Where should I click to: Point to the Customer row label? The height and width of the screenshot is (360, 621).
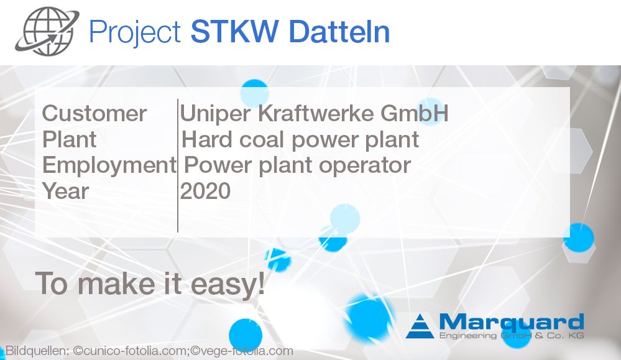pyautogui.click(x=94, y=114)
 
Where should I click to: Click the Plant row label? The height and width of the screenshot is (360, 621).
pyautogui.click(x=69, y=139)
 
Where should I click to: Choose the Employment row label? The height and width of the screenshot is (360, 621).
pyautogui.click(x=109, y=165)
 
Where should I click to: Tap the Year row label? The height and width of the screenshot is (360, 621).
pyautogui.click(x=65, y=191)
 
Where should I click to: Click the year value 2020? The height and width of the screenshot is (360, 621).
pyautogui.click(x=205, y=191)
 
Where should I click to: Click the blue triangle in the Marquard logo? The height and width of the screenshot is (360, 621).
pyautogui.click(x=421, y=326)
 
